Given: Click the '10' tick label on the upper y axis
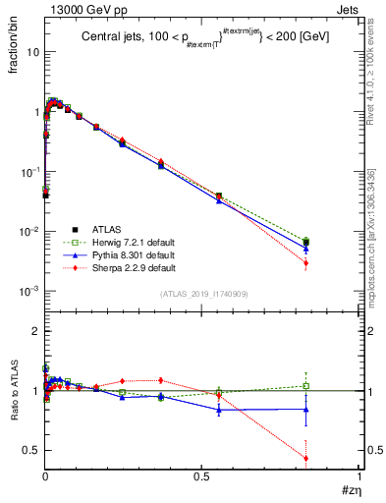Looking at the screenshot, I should (x=32, y=52).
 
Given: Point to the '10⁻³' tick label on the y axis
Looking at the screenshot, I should (x=29, y=292).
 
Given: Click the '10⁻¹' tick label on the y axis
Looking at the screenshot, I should (x=29, y=172).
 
